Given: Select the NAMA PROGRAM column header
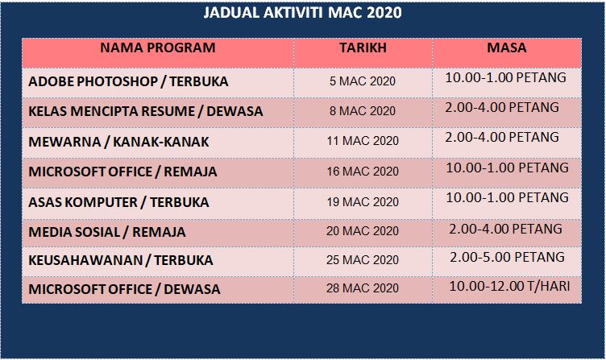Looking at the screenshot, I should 158,48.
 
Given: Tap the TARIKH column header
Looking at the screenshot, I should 363,48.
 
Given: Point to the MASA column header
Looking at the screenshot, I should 507,48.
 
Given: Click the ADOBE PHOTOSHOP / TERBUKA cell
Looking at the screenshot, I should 128,82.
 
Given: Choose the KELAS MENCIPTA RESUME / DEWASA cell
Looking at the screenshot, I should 146,111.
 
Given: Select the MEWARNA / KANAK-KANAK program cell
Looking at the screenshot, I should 118,142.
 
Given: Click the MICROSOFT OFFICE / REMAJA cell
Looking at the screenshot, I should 122,172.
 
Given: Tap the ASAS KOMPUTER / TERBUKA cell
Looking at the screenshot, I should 118,201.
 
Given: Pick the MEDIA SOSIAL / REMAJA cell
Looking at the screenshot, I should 107,232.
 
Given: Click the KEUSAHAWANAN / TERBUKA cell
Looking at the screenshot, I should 121,260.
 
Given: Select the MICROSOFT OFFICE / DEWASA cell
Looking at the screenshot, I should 124,289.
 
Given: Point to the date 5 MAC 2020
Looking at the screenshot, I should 363,81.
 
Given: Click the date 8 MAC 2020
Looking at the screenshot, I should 363,111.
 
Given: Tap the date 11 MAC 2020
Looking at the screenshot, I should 363,142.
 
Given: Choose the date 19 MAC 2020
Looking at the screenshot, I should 363,201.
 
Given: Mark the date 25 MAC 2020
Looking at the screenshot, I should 363,260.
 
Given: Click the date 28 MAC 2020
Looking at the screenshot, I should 363,288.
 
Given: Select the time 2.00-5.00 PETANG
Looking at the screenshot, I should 505,257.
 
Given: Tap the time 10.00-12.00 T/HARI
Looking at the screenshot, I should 509,286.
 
